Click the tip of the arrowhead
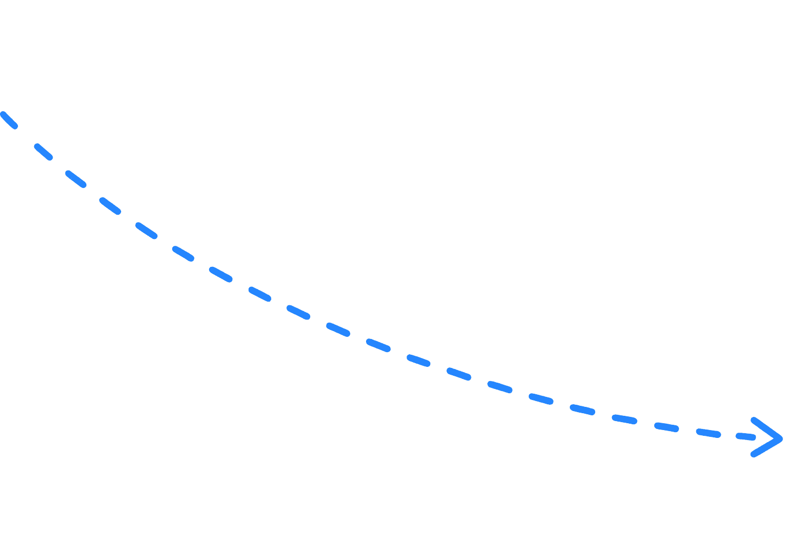tap(781, 438)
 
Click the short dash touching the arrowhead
tap(746, 437)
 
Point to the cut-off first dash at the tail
tap(9, 120)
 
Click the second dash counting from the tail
tap(44, 152)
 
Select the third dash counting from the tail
tap(76, 178)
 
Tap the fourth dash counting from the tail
tap(110, 205)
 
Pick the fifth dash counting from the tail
tap(146, 231)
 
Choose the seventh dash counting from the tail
tap(221, 274)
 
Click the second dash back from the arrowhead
tap(708, 433)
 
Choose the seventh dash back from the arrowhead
tap(500, 387)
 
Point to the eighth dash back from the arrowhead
tap(459, 374)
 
